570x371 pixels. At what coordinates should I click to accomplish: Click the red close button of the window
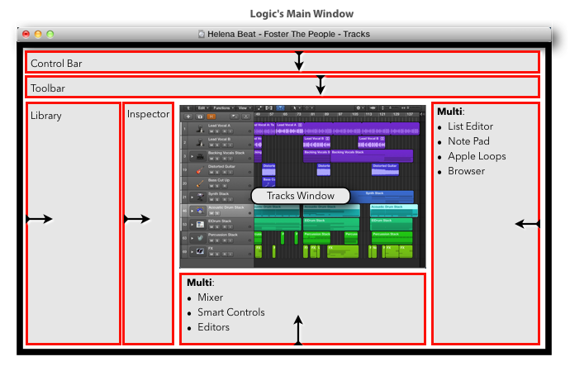(x=26, y=35)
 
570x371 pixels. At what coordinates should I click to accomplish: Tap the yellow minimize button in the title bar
(x=37, y=35)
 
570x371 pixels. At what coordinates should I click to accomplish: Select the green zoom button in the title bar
(x=50, y=35)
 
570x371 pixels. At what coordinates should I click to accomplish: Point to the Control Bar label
(x=56, y=63)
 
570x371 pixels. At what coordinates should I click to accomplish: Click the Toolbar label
(x=48, y=88)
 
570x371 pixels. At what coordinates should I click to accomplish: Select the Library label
(x=46, y=116)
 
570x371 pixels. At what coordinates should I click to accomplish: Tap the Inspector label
(x=148, y=114)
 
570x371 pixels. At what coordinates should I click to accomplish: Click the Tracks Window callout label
(x=301, y=196)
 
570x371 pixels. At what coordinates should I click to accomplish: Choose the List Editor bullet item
(x=471, y=126)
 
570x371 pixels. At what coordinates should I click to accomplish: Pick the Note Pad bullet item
(x=469, y=141)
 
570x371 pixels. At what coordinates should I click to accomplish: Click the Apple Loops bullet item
(x=477, y=156)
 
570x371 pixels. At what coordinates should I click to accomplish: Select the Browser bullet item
(x=467, y=171)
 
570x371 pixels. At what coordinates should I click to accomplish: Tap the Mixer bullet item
(x=210, y=297)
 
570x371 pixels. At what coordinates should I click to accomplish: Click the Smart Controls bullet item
(x=230, y=312)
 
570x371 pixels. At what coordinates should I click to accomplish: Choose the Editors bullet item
(x=213, y=327)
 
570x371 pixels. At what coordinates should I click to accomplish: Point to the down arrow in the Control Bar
(x=300, y=61)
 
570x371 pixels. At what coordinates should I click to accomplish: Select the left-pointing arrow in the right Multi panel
(x=526, y=224)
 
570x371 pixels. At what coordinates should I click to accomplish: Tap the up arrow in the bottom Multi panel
(x=298, y=328)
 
